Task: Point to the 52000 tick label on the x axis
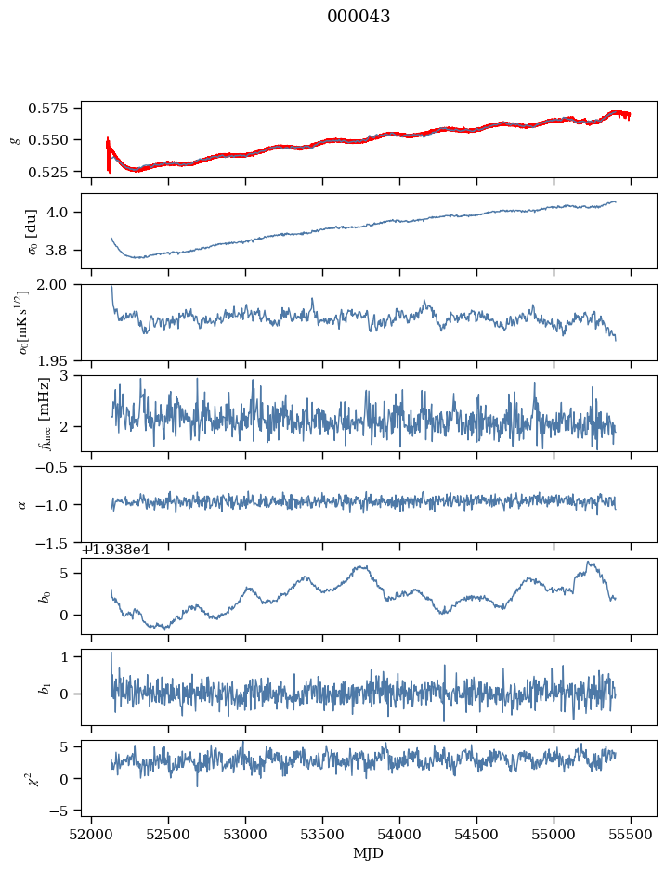tap(91, 835)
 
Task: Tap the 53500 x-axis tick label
tap(323, 835)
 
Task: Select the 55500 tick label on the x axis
tap(632, 835)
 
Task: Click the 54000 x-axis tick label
tap(400, 835)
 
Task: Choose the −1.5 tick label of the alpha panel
tap(58, 542)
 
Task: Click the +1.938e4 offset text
tap(115, 550)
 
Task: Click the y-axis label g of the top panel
tap(14, 139)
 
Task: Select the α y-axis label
tap(21, 504)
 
